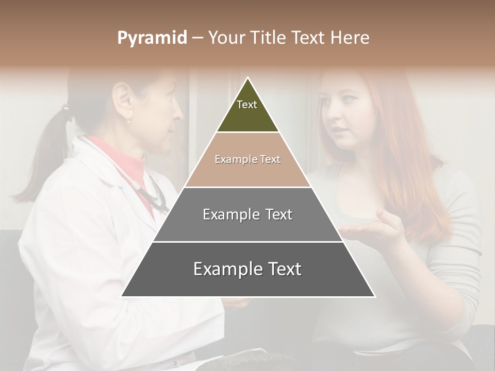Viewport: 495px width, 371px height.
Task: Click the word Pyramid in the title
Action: point(152,38)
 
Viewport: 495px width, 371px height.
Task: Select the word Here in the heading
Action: point(350,38)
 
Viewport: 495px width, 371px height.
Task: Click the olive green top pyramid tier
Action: point(247,111)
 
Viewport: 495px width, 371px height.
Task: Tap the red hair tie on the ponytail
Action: point(65,108)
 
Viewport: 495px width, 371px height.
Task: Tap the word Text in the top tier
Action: point(246,105)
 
